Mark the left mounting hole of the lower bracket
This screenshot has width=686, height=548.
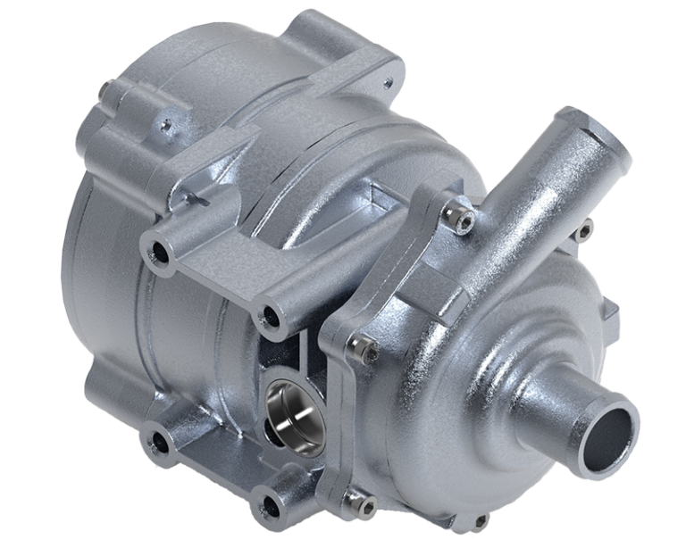tap(161, 436)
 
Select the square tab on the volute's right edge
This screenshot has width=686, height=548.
tap(611, 312)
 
